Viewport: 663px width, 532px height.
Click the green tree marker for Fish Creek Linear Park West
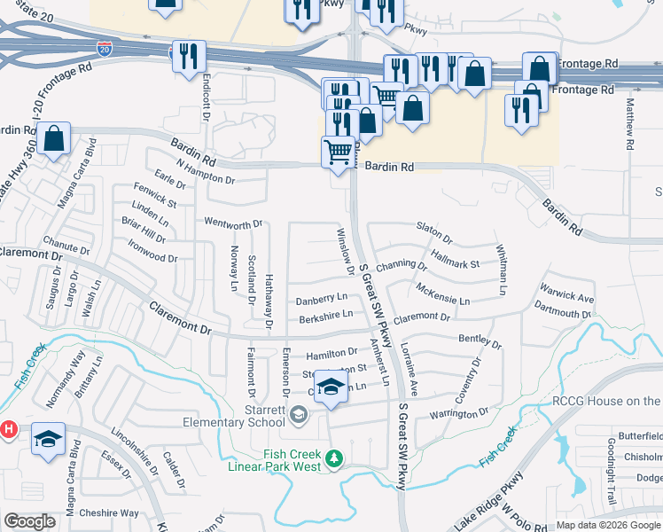tap(334, 458)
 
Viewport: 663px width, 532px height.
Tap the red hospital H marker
tap(8, 429)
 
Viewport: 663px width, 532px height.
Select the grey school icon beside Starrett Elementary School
tap(300, 413)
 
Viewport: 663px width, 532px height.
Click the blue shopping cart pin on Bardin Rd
tap(338, 152)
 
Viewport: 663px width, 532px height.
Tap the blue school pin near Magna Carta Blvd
tap(48, 439)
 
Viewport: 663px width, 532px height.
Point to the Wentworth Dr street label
tap(234, 223)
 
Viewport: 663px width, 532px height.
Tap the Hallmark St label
tap(455, 259)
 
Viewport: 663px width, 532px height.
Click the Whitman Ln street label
tap(501, 270)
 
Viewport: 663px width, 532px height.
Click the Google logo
tap(29, 521)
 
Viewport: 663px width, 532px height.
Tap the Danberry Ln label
tap(321, 300)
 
